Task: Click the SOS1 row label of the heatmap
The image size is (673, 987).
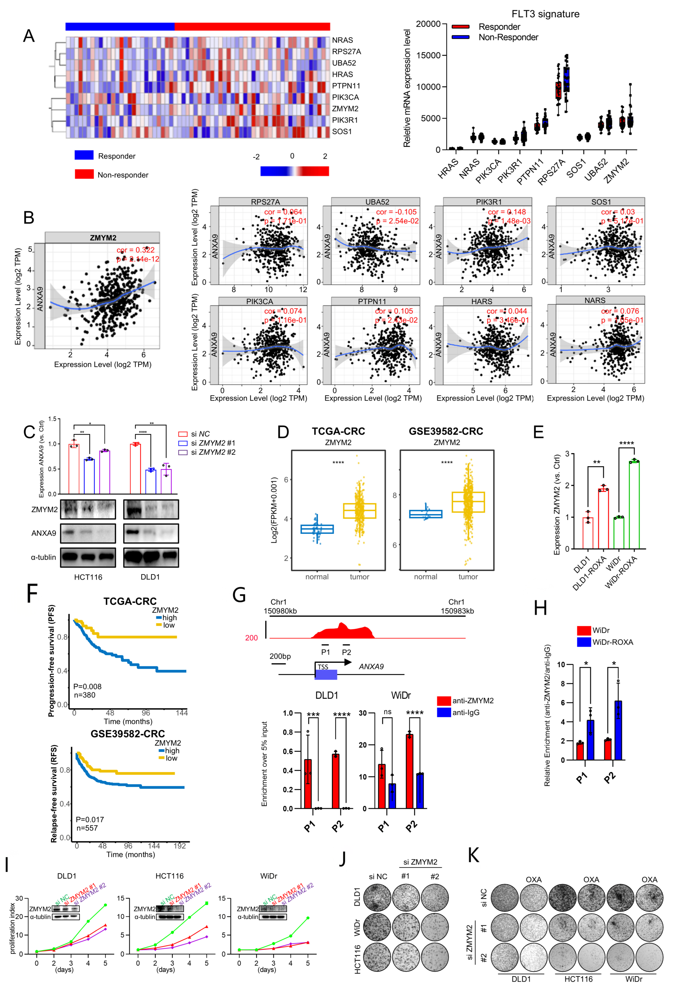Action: [342, 132]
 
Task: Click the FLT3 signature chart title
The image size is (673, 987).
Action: [545, 14]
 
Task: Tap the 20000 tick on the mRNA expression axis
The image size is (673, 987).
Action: [428, 24]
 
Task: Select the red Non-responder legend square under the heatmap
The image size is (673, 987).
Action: [84, 174]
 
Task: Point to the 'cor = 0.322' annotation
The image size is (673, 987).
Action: [135, 250]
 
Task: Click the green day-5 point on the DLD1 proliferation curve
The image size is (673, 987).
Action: [105, 905]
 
